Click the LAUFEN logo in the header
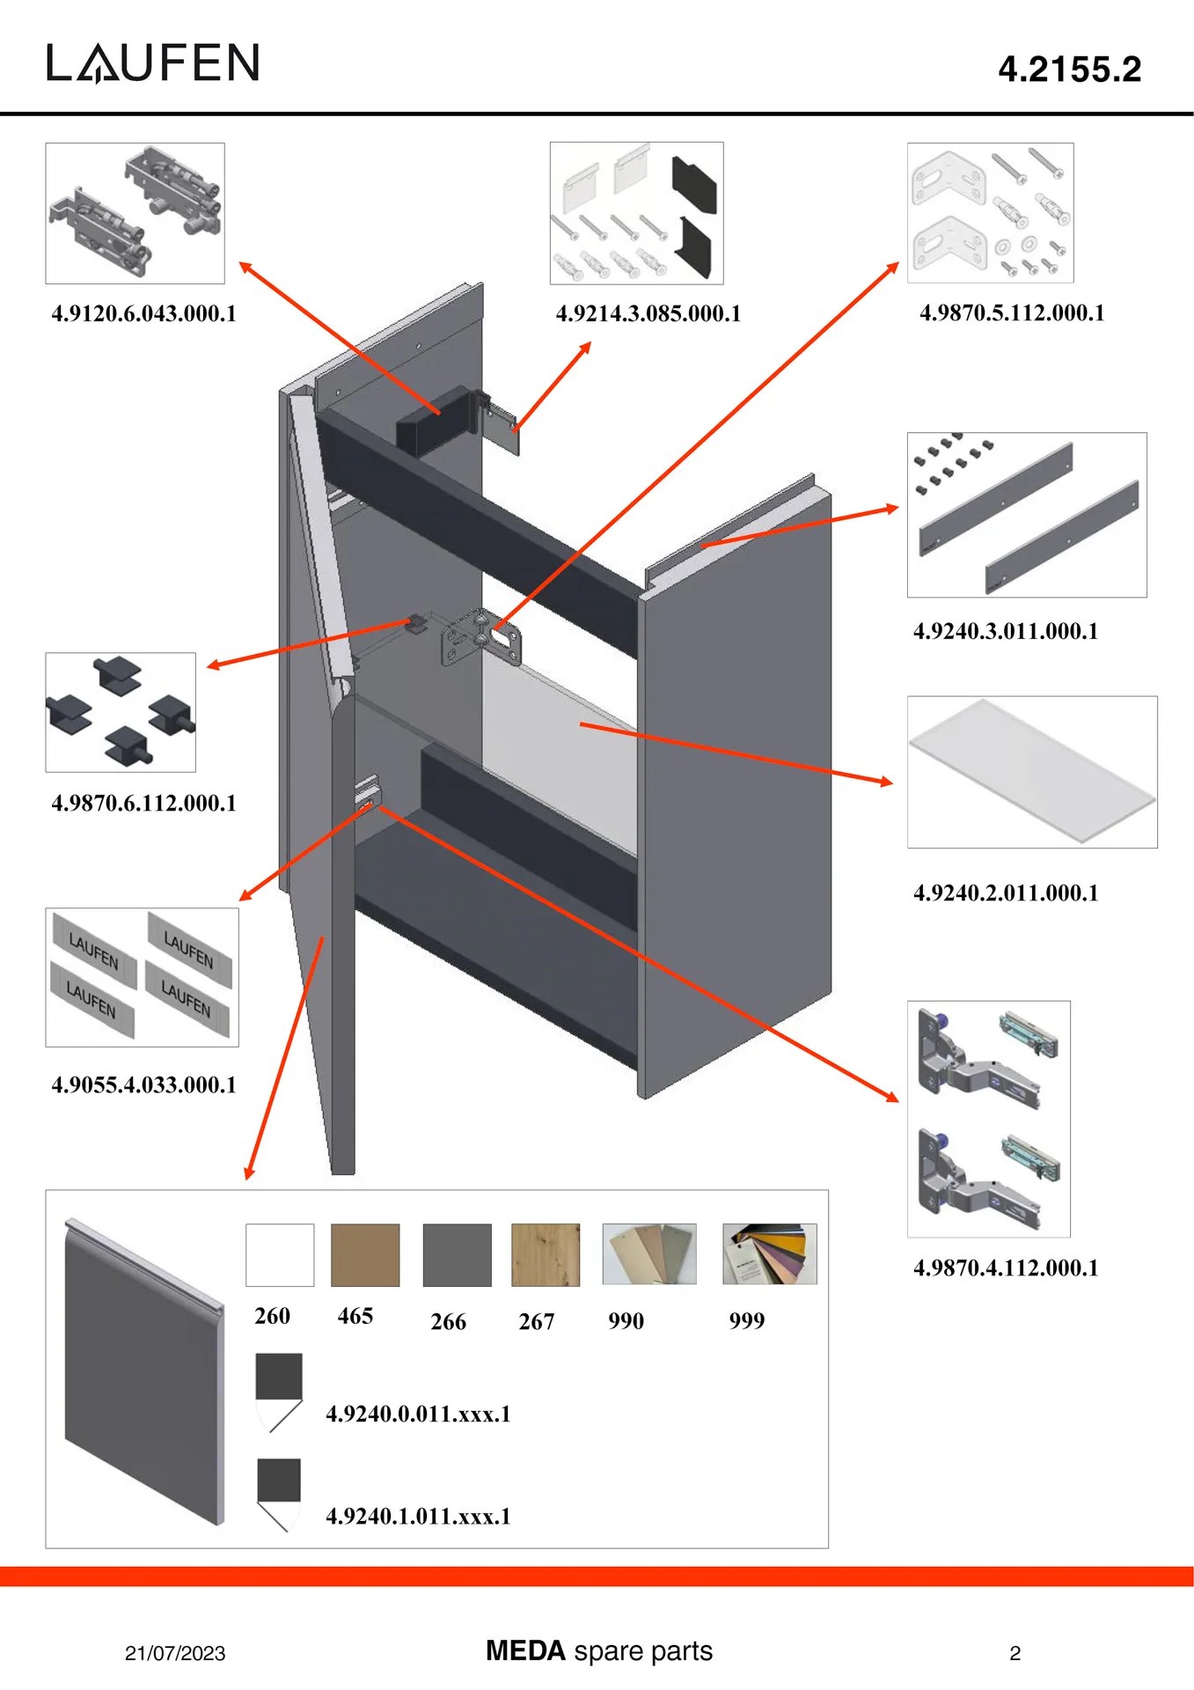(x=153, y=62)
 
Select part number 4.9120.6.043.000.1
(x=143, y=313)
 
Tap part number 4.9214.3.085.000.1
(x=648, y=313)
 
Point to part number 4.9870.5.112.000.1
(x=1012, y=312)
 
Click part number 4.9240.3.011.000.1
(x=1005, y=631)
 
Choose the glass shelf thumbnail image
(x=1031, y=772)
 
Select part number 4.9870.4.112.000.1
(x=1005, y=1267)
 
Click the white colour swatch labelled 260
(x=280, y=1254)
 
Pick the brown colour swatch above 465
(x=365, y=1254)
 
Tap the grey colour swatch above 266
(x=457, y=1254)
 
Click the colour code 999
(x=746, y=1320)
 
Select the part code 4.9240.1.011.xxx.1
(x=418, y=1516)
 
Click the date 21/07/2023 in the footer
(x=175, y=1653)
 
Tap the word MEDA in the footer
(x=525, y=1650)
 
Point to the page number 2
(x=1015, y=1653)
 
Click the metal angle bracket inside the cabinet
(x=480, y=637)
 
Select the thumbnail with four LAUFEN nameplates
(x=142, y=977)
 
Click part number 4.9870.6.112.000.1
(x=143, y=803)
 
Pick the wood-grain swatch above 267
(x=546, y=1254)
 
